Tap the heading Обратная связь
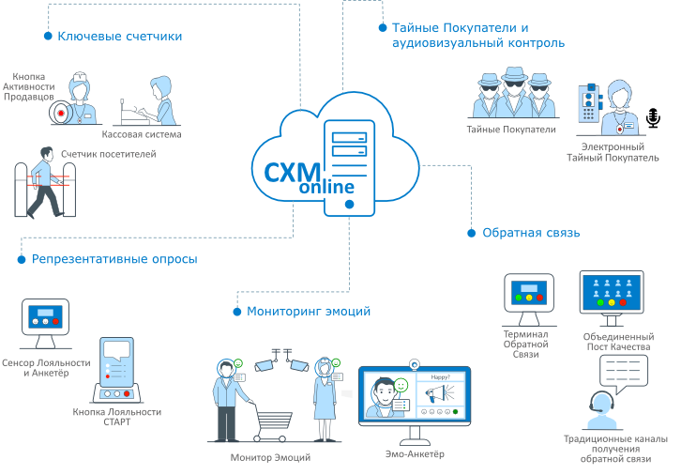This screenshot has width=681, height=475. pyautogui.click(x=530, y=233)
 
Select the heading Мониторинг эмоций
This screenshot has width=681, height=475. pyautogui.click(x=309, y=311)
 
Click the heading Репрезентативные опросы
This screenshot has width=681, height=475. pyautogui.click(x=114, y=259)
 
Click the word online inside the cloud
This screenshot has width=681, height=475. pyautogui.click(x=326, y=188)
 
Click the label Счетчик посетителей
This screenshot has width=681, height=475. pyautogui.click(x=108, y=153)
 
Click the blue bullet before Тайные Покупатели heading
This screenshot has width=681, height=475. pyautogui.click(x=381, y=28)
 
